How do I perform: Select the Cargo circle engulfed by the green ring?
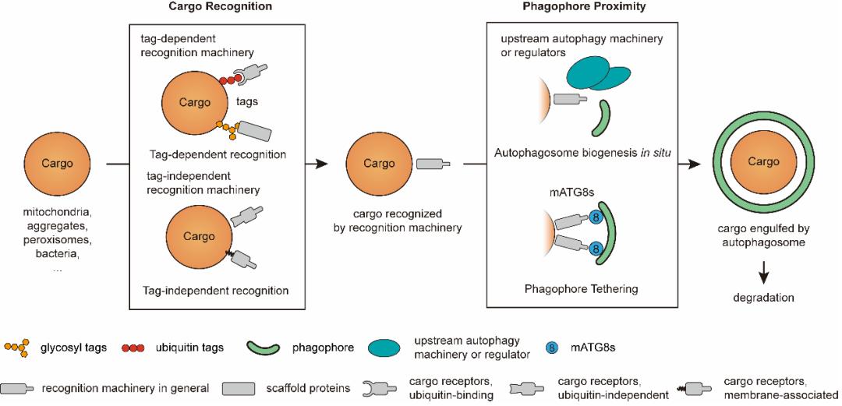pyautogui.click(x=763, y=162)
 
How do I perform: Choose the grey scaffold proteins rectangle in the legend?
pyautogui.click(x=241, y=387)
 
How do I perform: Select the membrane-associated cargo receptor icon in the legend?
pyautogui.click(x=696, y=387)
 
